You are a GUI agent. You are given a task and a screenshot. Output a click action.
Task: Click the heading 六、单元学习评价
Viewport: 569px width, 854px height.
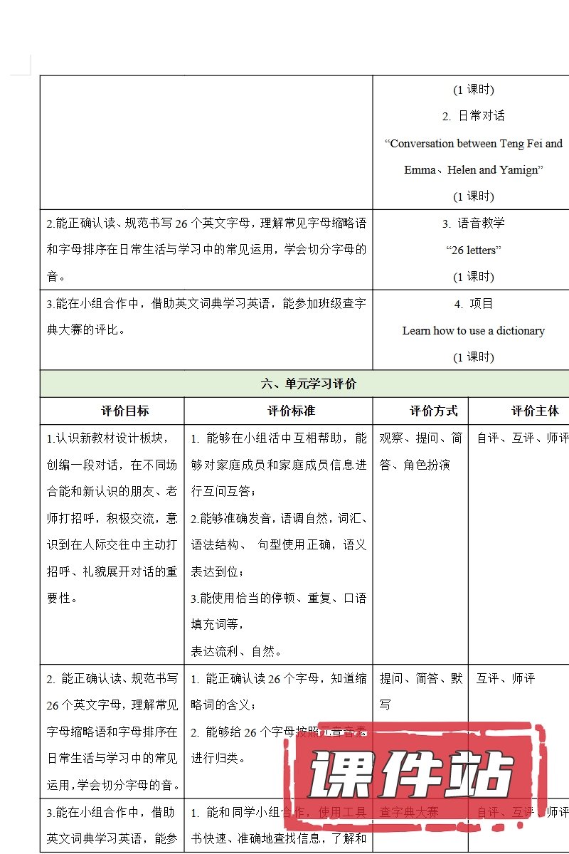click(308, 384)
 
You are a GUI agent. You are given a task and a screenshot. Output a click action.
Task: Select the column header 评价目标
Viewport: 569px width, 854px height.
click(125, 411)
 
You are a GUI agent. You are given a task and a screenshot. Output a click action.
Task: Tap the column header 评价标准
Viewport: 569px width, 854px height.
click(291, 411)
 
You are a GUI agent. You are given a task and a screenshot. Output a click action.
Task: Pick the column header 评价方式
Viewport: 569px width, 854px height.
click(433, 411)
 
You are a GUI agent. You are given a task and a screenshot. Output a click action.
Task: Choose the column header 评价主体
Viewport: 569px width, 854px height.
click(535, 411)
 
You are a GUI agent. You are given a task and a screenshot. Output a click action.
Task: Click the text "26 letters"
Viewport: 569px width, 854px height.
click(473, 251)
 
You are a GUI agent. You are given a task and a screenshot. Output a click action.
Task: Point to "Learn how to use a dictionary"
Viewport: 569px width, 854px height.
click(473, 331)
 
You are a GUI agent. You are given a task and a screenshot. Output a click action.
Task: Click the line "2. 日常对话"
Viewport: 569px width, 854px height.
click(473, 116)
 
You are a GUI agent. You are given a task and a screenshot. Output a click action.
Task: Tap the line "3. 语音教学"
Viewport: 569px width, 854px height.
click(473, 223)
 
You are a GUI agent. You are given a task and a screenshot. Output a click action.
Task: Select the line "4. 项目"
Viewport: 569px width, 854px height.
click(473, 304)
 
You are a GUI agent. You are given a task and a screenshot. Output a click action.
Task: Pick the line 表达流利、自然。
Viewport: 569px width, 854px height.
click(236, 651)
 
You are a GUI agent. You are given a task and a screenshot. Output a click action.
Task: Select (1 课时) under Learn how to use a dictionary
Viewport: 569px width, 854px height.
click(473, 357)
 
